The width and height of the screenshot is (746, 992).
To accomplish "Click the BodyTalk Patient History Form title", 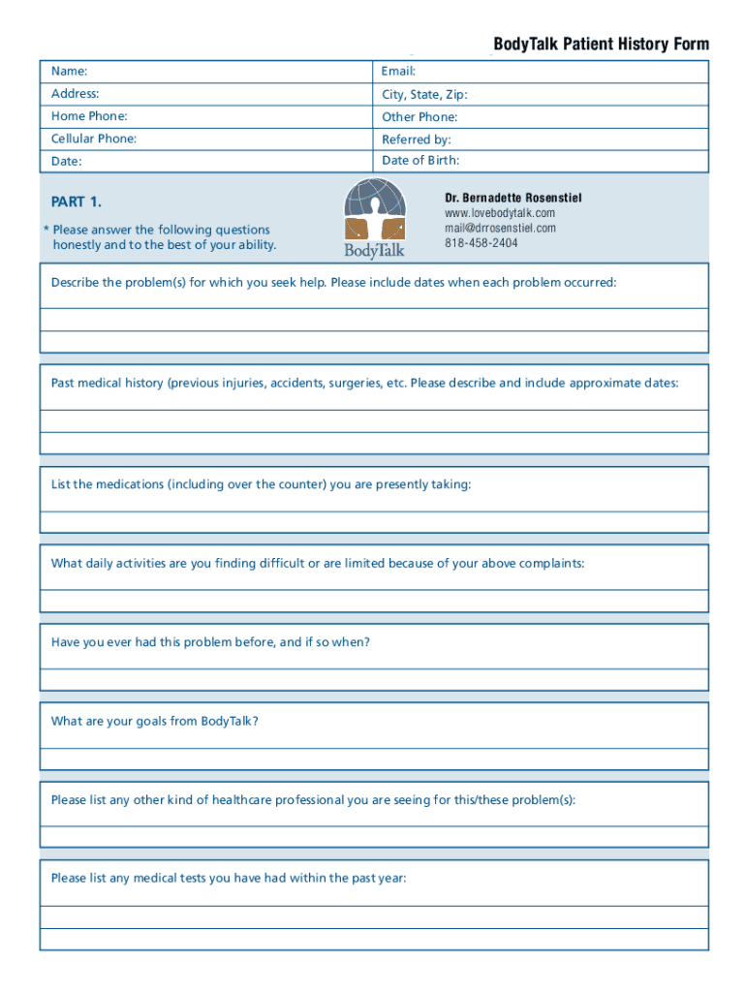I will [601, 45].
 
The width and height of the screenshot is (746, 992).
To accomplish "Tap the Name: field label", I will [70, 72].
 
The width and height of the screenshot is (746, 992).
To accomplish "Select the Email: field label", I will [399, 72].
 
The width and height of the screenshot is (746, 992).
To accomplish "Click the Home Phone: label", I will [89, 116].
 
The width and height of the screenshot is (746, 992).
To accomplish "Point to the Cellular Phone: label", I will [94, 139].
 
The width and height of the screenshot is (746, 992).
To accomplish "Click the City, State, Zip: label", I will [424, 95].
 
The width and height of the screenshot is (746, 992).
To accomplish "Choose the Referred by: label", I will [417, 139].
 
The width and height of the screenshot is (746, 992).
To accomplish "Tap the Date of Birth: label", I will [420, 161].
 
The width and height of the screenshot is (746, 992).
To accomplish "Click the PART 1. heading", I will [76, 202].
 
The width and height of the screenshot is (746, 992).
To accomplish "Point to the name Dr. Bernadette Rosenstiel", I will [513, 198].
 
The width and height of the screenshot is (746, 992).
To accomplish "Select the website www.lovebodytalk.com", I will [500, 213].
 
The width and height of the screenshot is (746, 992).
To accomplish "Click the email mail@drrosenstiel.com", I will [500, 229].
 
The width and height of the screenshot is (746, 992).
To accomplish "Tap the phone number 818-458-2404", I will [482, 243].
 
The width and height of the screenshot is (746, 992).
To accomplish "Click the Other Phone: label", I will [420, 117].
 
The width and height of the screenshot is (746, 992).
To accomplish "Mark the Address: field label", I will [76, 94].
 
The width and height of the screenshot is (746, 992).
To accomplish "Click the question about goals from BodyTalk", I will [155, 721].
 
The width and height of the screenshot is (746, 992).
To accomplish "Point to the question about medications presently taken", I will [262, 484].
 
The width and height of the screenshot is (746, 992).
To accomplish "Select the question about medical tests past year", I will [229, 878].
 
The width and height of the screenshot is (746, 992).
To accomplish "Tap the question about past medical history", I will [365, 383].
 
